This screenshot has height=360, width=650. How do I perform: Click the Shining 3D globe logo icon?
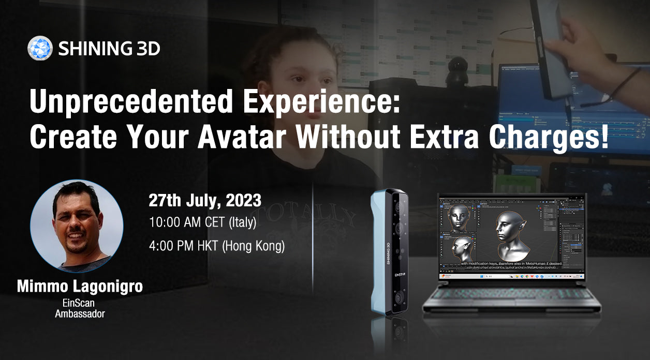pyautogui.click(x=40, y=49)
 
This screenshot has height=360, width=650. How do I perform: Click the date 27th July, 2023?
pyautogui.click(x=205, y=200)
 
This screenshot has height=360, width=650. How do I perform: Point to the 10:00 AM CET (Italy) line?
pyautogui.click(x=202, y=223)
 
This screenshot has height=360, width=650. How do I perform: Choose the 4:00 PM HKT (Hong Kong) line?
pyautogui.click(x=216, y=246)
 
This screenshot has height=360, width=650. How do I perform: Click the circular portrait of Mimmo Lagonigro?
pyautogui.click(x=77, y=226)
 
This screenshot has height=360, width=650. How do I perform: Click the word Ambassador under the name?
pyautogui.click(x=80, y=313)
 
